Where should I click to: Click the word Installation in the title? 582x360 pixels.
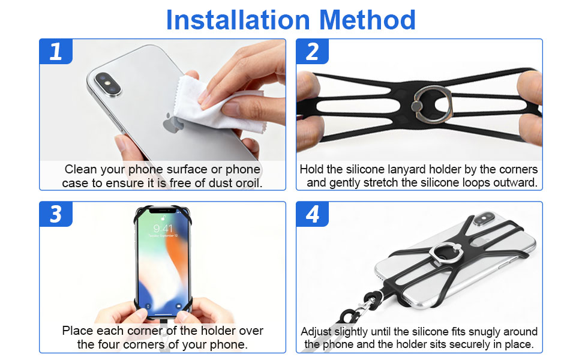coord(238,20)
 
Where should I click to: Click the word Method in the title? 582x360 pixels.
coord(367,20)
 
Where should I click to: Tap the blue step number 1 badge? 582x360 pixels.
coord(56,51)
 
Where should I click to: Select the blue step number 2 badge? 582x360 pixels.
coord(313,51)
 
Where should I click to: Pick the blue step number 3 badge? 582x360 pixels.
coord(56,214)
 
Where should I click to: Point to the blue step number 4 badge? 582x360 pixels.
coord(313,214)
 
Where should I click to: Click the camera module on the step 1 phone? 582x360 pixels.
coord(108,84)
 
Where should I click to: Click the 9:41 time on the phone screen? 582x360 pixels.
coord(163,228)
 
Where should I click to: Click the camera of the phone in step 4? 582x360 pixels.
coord(485,218)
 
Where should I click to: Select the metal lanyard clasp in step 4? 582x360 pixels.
coord(362,307)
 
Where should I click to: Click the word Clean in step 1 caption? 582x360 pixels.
coord(80,169)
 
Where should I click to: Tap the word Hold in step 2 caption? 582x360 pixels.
coord(312,169)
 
